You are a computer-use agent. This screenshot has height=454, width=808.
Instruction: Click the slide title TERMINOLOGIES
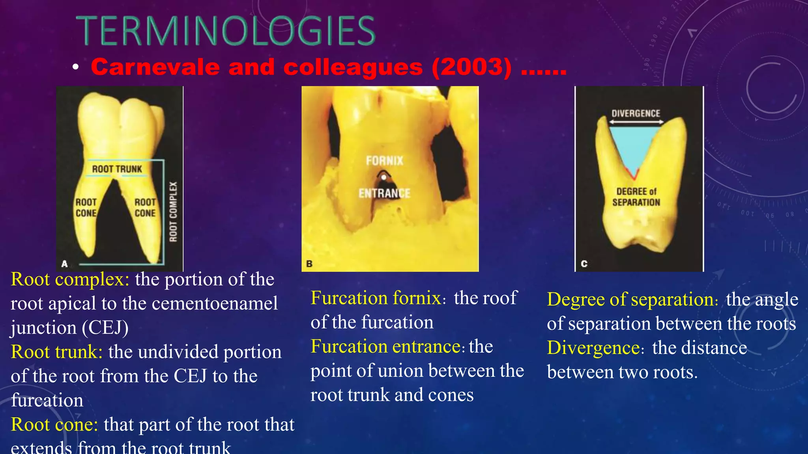click(225, 31)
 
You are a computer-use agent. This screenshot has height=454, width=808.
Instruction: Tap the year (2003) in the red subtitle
click(471, 67)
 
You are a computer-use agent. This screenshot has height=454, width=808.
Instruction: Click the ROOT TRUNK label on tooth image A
click(117, 169)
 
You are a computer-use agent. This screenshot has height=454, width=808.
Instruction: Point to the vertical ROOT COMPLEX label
click(173, 212)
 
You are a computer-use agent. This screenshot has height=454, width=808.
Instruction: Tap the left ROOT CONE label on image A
click(86, 208)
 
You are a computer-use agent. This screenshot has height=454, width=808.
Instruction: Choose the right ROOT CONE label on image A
click(145, 208)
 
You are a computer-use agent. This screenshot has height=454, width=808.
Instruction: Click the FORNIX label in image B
click(385, 161)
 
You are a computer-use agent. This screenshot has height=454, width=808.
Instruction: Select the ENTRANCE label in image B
click(384, 194)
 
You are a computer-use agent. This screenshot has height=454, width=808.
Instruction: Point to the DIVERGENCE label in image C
click(636, 113)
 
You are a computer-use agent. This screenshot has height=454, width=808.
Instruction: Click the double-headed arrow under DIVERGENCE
click(636, 122)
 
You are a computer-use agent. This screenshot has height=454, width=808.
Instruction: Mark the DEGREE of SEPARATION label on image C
click(636, 197)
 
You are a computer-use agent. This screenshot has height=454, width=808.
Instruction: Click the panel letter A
click(65, 264)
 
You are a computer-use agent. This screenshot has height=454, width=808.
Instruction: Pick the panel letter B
click(309, 264)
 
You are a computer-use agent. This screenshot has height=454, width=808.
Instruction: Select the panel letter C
click(584, 264)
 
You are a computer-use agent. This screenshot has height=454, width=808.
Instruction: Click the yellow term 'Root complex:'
click(70, 279)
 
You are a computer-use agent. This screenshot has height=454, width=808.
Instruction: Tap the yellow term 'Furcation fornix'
click(376, 298)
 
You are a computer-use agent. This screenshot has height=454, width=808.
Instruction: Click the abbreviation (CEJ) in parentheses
click(105, 328)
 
